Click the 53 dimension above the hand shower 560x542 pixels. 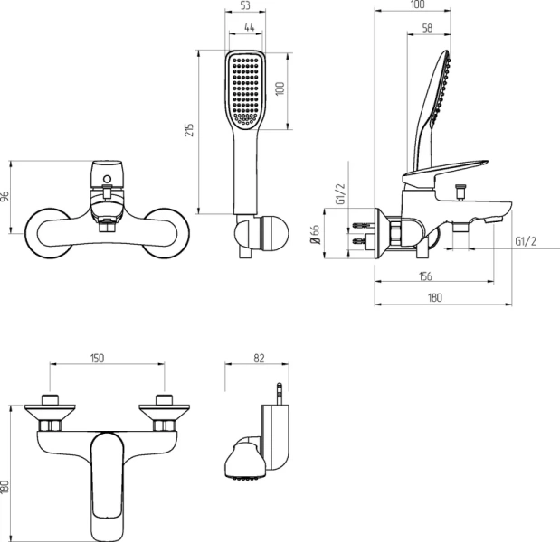[245, 5]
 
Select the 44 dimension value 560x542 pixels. [250, 27]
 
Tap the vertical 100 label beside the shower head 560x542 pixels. [280, 89]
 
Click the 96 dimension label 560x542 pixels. [5, 197]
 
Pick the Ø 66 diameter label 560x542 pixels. [316, 234]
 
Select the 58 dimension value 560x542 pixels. [427, 28]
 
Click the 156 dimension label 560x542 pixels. [425, 276]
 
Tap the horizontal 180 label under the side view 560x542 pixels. [435, 297]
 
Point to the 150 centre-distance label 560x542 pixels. [97, 358]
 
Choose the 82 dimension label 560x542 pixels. [259, 358]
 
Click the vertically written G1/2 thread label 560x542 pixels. [341, 194]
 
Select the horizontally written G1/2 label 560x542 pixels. [526, 241]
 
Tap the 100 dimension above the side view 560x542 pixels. [417, 5]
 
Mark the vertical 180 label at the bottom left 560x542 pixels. [5, 487]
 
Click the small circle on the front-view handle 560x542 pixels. [107, 179]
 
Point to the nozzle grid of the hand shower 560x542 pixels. [245, 90]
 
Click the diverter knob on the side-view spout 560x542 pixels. [460, 192]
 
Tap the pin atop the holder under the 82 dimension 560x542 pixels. [280, 394]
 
